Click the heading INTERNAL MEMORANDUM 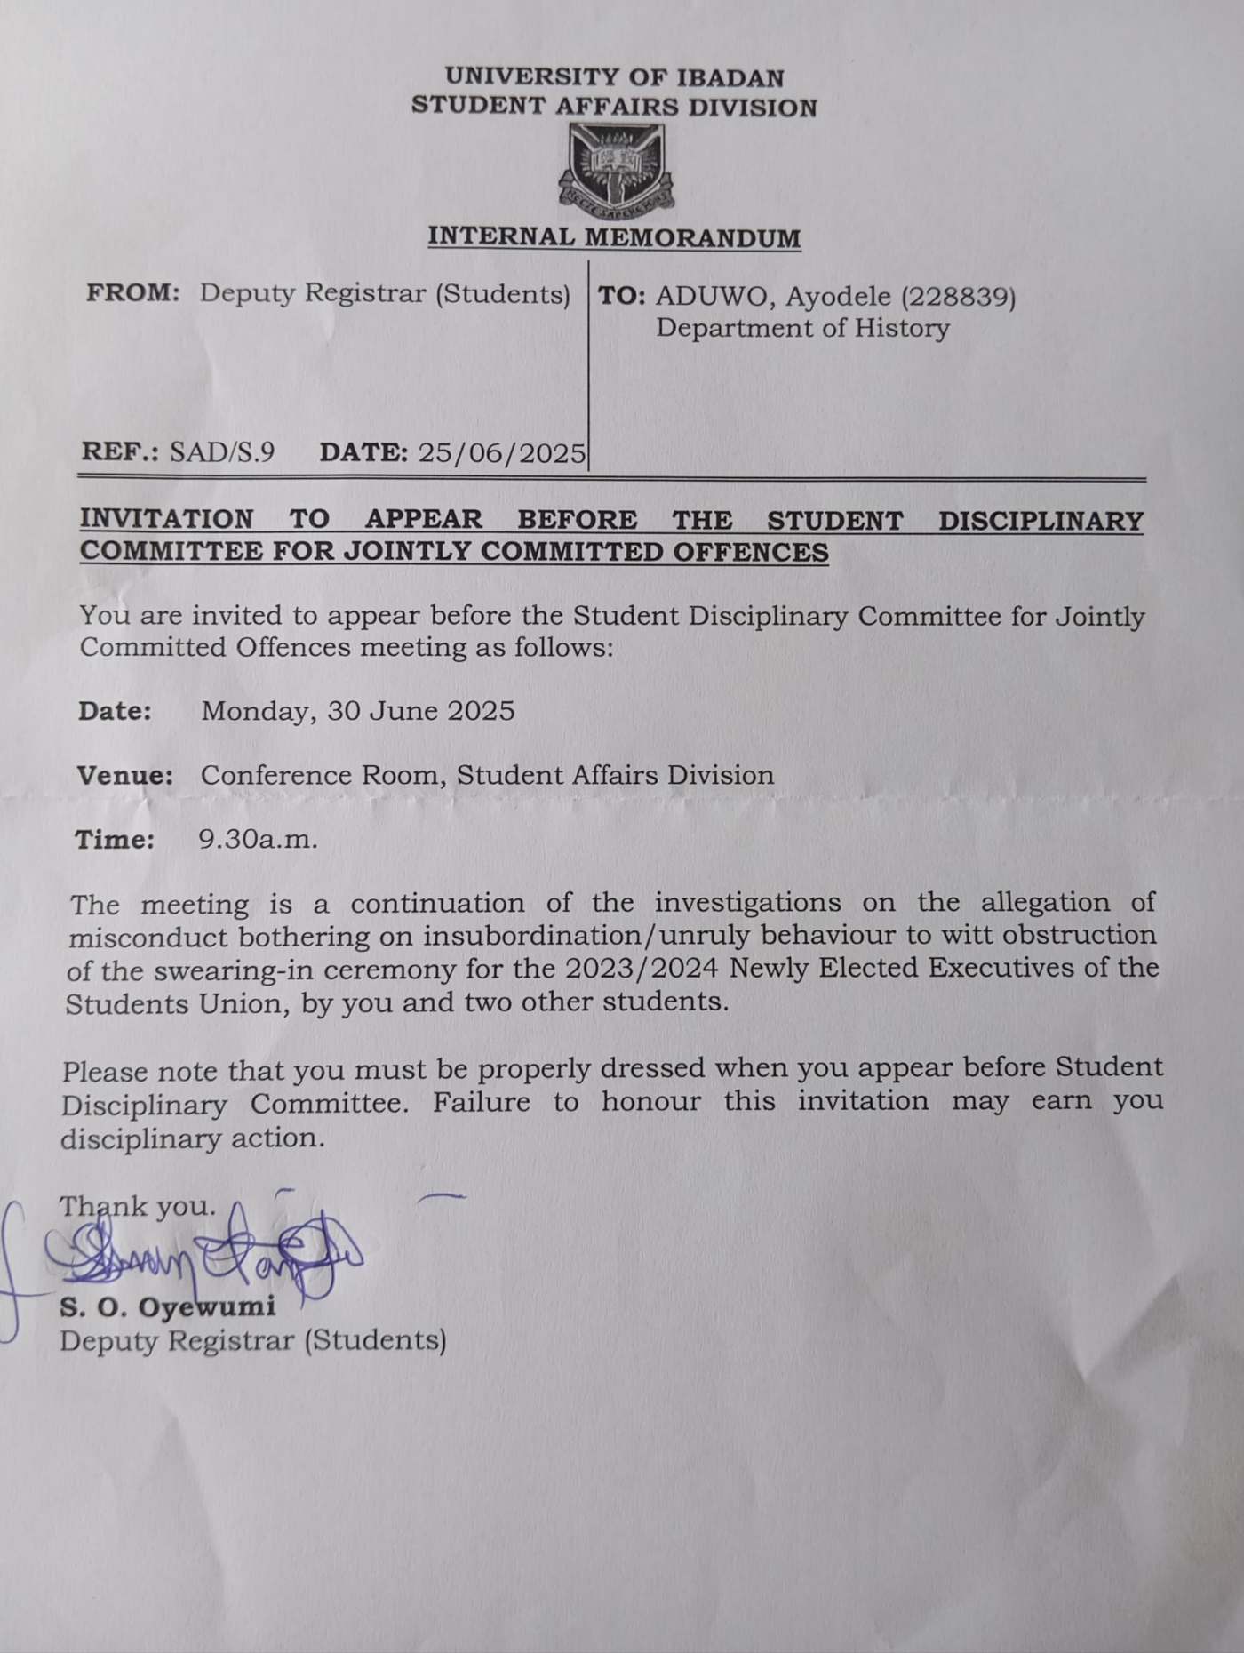(x=614, y=237)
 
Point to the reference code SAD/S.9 (x=222, y=452)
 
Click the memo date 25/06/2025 (x=502, y=453)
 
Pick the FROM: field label (x=133, y=293)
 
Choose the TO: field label (x=621, y=297)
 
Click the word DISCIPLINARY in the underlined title (x=1041, y=520)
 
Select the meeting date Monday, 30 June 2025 (x=358, y=711)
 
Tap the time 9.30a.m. (x=258, y=840)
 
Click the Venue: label (x=125, y=776)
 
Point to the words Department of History (x=802, y=329)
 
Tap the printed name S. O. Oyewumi (x=168, y=1307)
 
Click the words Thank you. (x=138, y=1207)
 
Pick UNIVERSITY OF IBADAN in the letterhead (x=615, y=78)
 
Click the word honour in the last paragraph (x=650, y=1102)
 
